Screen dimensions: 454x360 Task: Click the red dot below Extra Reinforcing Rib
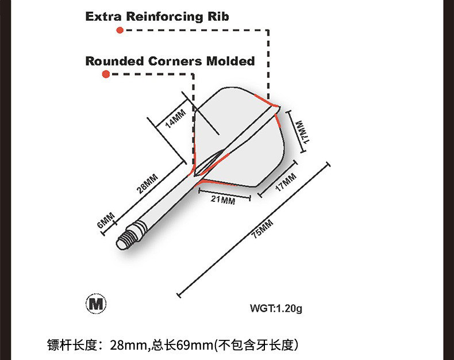[120, 30]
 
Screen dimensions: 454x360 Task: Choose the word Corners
[176, 60]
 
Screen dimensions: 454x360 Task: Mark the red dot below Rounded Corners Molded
[106, 74]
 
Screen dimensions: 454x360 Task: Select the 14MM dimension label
[175, 117]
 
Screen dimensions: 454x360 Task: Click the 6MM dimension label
[106, 220]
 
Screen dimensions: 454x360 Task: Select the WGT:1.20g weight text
[276, 308]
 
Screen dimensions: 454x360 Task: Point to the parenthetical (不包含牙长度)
[256, 346]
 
